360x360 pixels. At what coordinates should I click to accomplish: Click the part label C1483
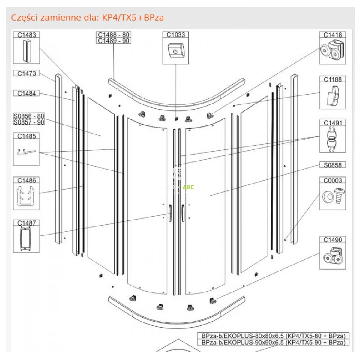(x=26, y=35)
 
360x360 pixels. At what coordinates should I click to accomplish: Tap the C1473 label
(x=26, y=73)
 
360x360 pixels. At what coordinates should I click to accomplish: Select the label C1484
(x=26, y=94)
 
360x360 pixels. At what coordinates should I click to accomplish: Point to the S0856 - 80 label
(x=29, y=116)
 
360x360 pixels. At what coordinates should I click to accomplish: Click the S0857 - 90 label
(x=29, y=122)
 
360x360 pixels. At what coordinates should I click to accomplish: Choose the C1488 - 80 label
(x=114, y=35)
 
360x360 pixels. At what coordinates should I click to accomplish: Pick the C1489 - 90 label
(x=114, y=41)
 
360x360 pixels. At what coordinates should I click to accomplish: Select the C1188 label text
(x=333, y=79)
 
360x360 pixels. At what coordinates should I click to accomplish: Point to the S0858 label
(x=333, y=165)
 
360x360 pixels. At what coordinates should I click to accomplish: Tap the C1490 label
(x=333, y=240)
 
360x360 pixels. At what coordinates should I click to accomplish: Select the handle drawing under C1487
(x=26, y=239)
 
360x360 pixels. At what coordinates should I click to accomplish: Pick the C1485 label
(x=26, y=136)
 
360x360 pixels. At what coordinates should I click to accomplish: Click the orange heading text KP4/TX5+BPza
(x=133, y=18)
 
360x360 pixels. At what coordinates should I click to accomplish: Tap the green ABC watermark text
(x=188, y=187)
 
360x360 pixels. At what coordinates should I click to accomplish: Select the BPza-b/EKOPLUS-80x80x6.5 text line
(x=273, y=336)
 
